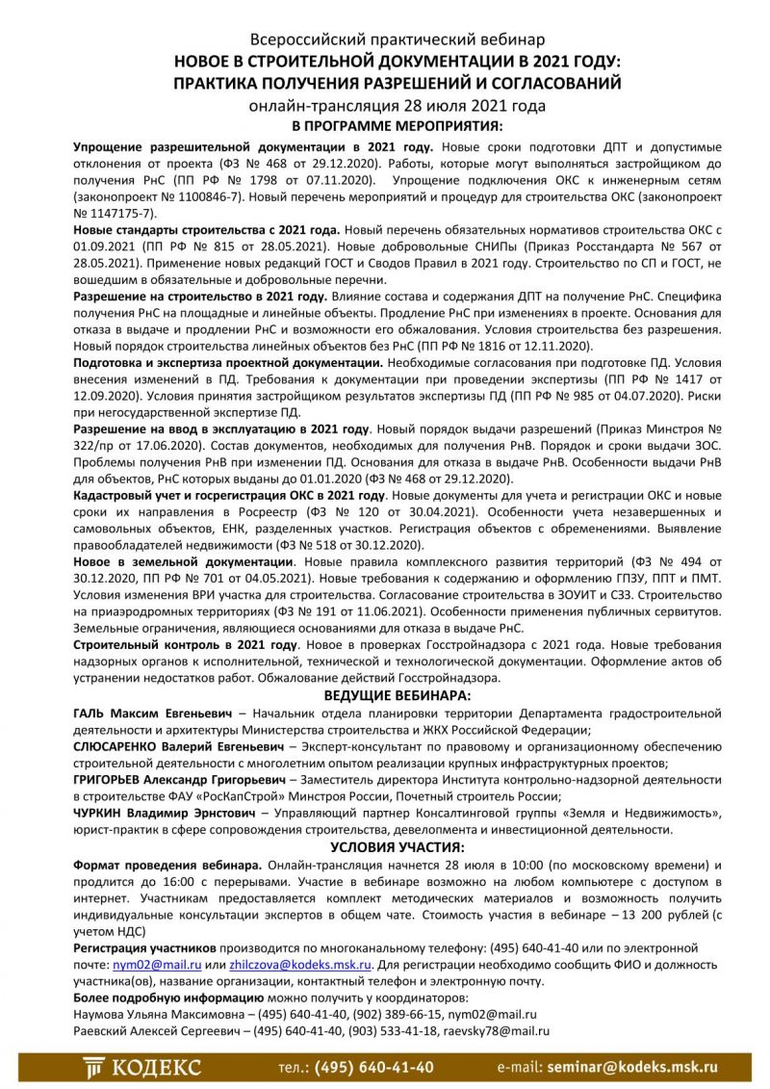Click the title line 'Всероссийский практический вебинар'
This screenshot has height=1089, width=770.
click(397, 40)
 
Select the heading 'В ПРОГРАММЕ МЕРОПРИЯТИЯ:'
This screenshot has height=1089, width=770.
click(397, 126)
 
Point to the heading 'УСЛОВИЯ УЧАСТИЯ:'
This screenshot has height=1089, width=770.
click(397, 847)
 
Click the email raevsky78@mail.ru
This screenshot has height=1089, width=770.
click(498, 1031)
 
